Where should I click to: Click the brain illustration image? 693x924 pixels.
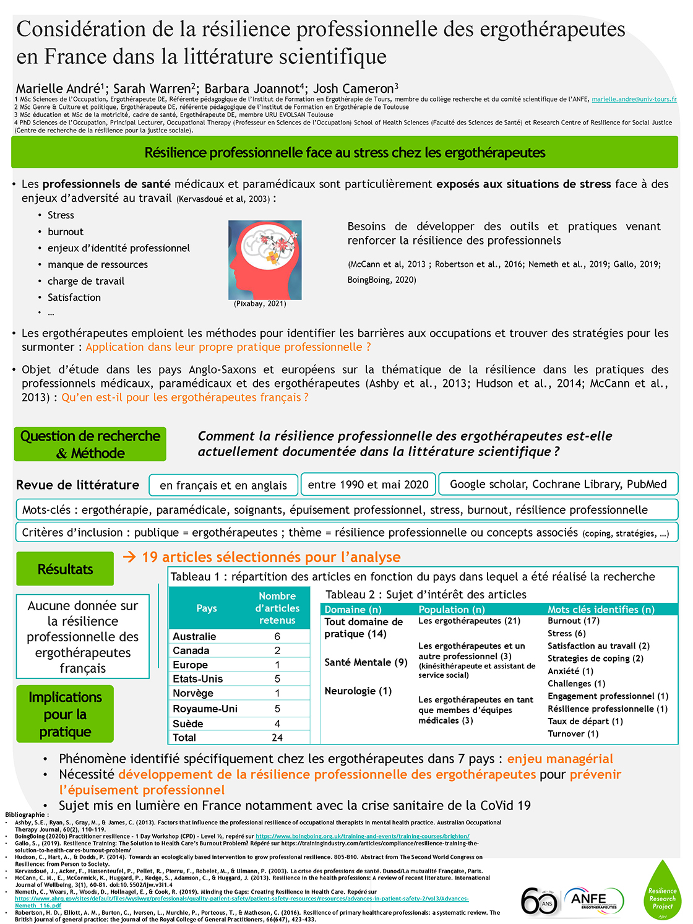pyautogui.click(x=265, y=260)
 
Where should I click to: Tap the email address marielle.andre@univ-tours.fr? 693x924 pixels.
pyautogui.click(x=634, y=99)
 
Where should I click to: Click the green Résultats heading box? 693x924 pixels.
pyautogui.click(x=65, y=569)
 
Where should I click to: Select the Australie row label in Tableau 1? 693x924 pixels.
pyautogui.click(x=194, y=636)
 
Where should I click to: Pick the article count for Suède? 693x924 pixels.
pyautogui.click(x=277, y=723)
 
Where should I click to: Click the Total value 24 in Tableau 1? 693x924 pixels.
pyautogui.click(x=277, y=738)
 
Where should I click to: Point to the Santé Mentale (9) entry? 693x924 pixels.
pyautogui.click(x=366, y=662)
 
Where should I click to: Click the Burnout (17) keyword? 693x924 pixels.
pyautogui.click(x=574, y=621)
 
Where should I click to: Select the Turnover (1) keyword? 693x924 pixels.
pyautogui.click(x=573, y=733)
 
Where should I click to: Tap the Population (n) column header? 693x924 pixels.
pyautogui.click(x=452, y=610)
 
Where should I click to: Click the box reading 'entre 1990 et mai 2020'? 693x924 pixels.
pyautogui.click(x=368, y=485)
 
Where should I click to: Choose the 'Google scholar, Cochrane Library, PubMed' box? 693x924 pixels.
pyautogui.click(x=558, y=484)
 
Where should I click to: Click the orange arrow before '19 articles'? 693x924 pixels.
pyautogui.click(x=129, y=557)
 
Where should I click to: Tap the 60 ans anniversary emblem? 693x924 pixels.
pyautogui.click(x=540, y=901)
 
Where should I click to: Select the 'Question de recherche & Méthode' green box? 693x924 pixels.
pyautogui.click(x=90, y=444)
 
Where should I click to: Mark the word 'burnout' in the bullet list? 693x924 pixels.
pyautogui.click(x=66, y=231)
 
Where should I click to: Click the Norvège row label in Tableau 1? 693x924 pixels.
pyautogui.click(x=193, y=693)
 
